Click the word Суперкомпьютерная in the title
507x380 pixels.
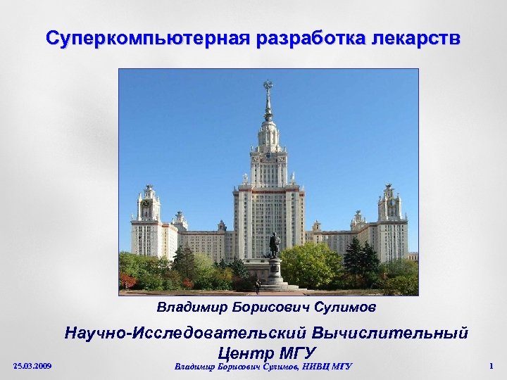tap(146, 37)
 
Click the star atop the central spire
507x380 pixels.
tap(268, 86)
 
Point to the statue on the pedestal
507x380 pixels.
tap(274, 244)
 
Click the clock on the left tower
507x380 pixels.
tap(145, 203)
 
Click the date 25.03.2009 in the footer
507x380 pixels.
tap(32, 366)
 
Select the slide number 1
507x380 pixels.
tap(490, 366)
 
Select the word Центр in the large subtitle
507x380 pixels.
tap(244, 351)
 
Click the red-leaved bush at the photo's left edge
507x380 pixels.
tap(127, 281)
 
